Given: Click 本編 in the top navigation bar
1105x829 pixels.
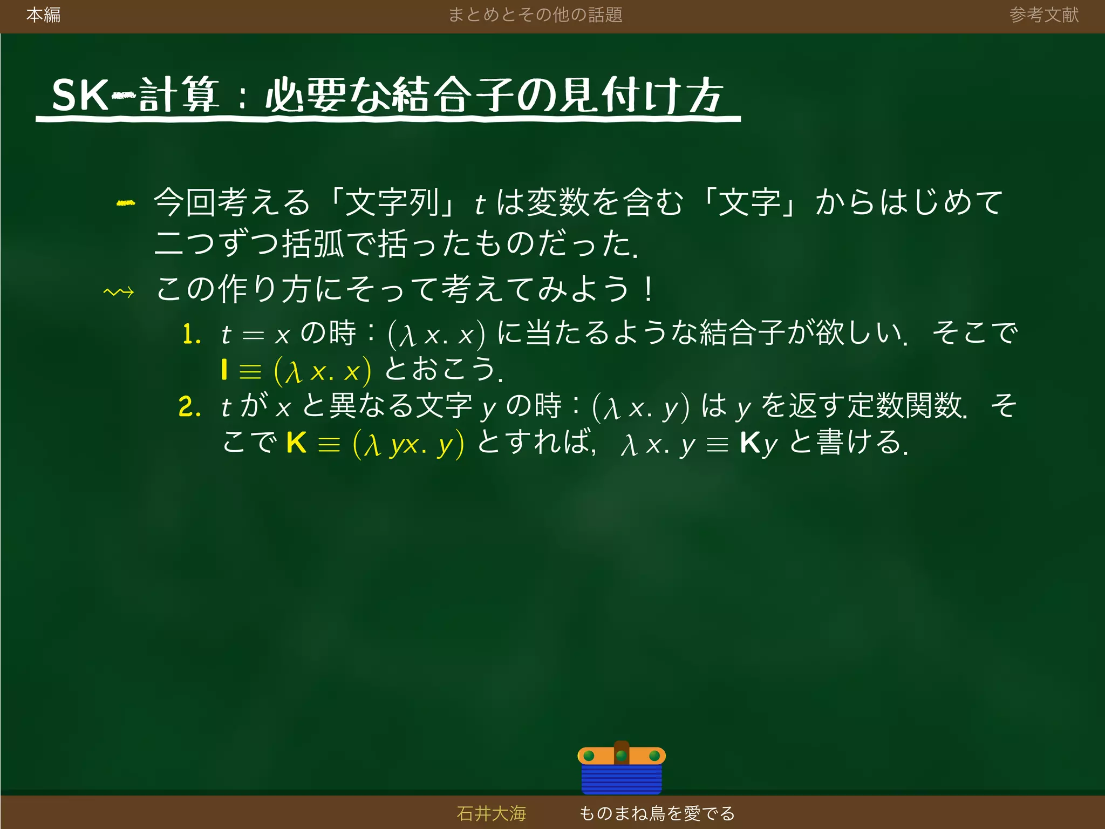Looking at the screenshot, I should click(x=43, y=15).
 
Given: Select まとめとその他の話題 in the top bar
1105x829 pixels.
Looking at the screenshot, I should click(x=535, y=15).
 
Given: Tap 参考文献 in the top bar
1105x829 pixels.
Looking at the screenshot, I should click(x=1043, y=15).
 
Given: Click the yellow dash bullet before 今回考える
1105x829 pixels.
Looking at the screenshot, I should click(x=126, y=203).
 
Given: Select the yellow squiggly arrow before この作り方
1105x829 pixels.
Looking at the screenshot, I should click(x=119, y=293).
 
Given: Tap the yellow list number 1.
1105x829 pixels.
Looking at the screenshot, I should click(x=191, y=334).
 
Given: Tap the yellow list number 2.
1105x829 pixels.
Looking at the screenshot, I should click(x=189, y=406).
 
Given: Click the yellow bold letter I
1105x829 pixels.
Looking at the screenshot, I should click(x=224, y=370).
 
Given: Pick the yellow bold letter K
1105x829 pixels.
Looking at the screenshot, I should click(x=296, y=443).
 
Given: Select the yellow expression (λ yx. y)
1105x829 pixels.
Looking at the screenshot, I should click(x=408, y=444).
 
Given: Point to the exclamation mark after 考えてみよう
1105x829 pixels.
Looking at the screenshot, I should click(x=649, y=289).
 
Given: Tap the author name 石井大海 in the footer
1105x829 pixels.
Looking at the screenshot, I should click(x=491, y=813).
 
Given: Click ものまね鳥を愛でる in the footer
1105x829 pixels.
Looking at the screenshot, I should click(x=657, y=813).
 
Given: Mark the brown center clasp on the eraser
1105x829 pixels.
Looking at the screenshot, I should click(x=622, y=752).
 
